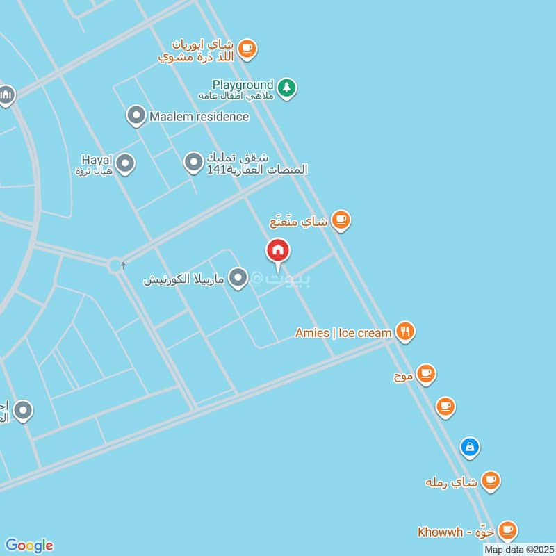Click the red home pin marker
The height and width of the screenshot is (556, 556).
pos(278,251)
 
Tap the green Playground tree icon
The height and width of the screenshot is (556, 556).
pos(286,88)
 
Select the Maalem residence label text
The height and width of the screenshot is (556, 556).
pos(199,116)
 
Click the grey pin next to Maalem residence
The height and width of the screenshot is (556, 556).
pos(137,116)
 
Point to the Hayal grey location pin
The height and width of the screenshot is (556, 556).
pos(125,164)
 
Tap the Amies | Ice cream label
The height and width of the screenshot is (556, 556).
pos(343,333)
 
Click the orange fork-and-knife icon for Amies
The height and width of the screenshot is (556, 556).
pos(404,332)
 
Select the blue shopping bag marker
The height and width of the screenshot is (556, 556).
pos(470,447)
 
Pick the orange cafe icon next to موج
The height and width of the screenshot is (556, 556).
pos(426,375)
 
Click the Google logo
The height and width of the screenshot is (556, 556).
pos(29,546)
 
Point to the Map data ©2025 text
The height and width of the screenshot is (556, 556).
pos(519,549)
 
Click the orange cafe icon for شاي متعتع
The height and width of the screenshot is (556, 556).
pos(341,221)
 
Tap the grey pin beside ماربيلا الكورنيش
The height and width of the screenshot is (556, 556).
pos(238,279)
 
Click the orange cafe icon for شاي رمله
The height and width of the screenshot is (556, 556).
pos(491,480)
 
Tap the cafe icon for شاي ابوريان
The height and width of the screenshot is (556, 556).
pos(247,48)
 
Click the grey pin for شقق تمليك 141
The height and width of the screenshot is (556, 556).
pos(193,163)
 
